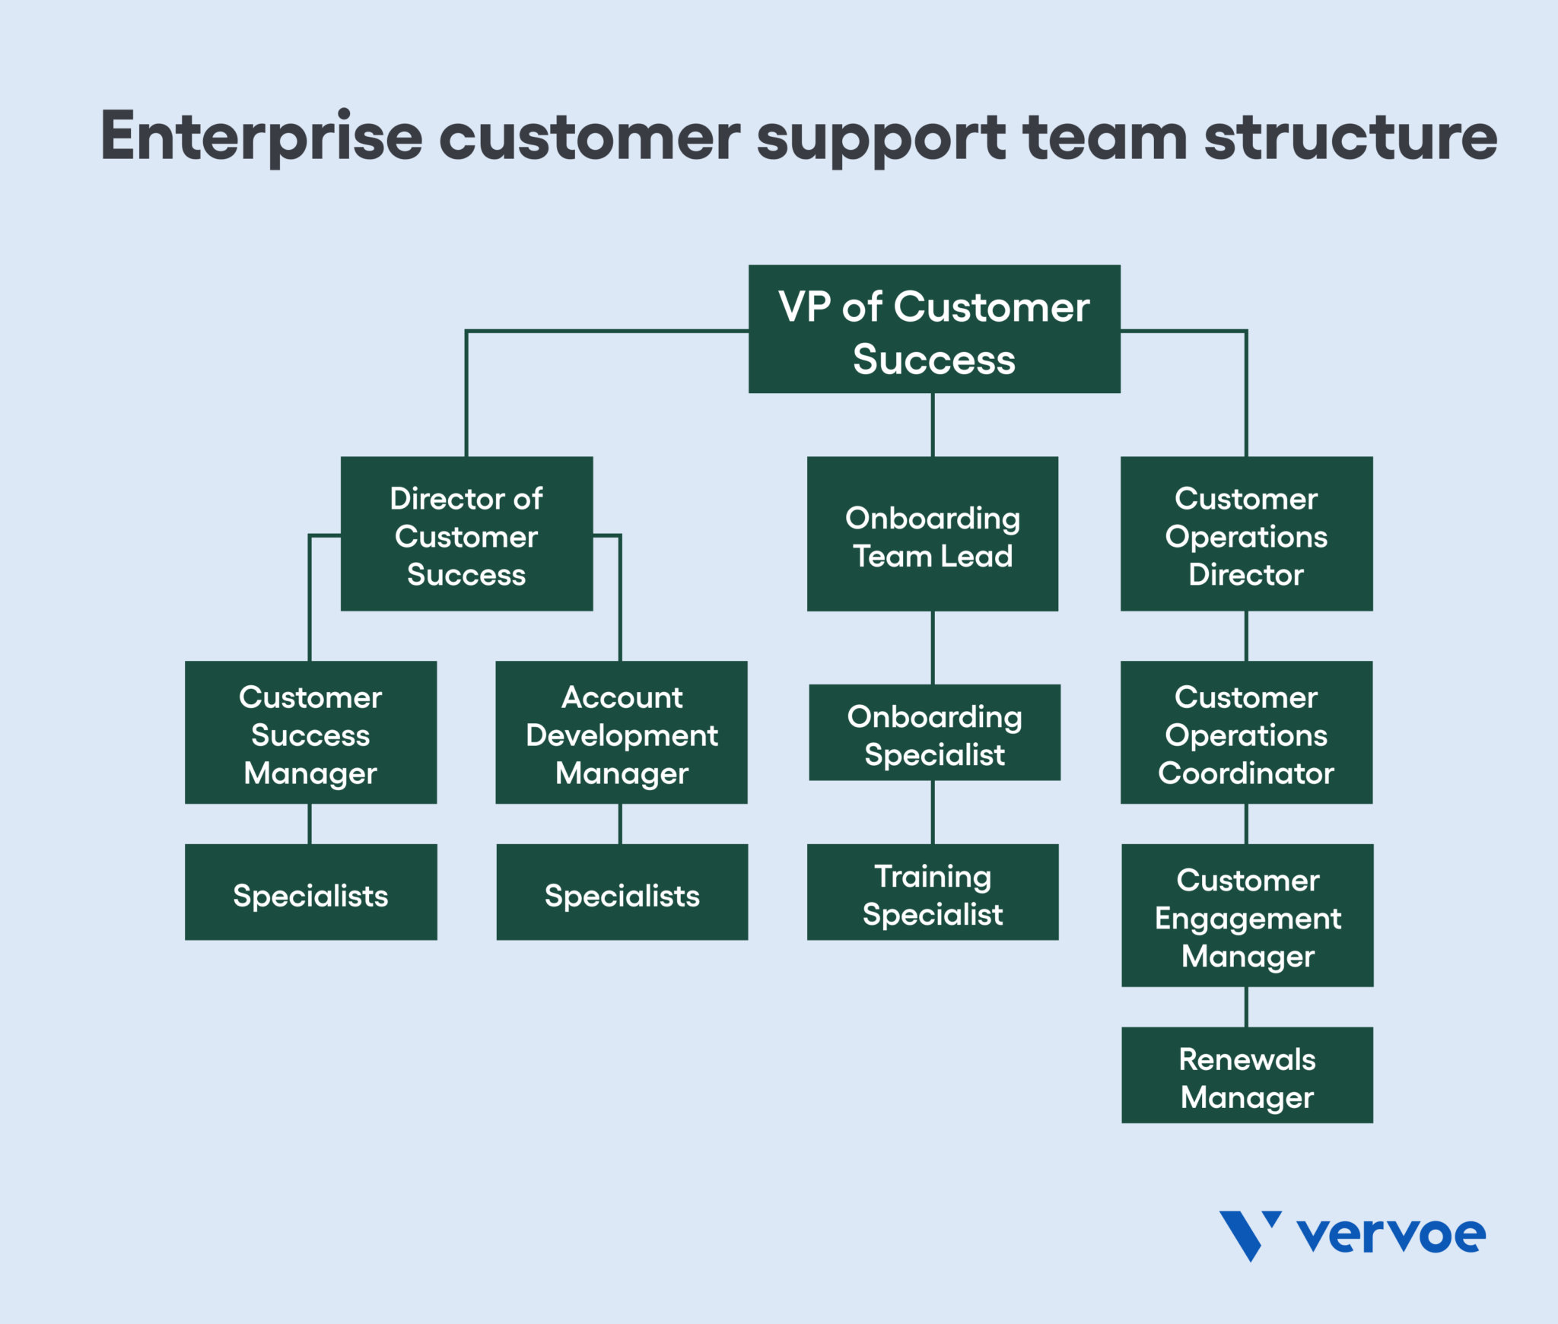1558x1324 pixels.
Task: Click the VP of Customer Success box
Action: click(x=934, y=329)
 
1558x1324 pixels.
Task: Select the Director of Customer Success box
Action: click(x=466, y=534)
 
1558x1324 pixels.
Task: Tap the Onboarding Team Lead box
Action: click(x=933, y=534)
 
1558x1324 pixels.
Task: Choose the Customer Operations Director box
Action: click(x=1246, y=534)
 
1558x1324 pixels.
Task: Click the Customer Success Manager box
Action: click(x=310, y=732)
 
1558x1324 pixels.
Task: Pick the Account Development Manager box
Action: click(x=622, y=732)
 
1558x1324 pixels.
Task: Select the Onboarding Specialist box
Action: click(x=934, y=732)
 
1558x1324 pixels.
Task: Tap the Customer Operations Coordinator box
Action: click(x=1246, y=732)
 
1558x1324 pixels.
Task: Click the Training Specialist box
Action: click(x=933, y=892)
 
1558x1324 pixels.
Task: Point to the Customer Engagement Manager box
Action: click(x=1248, y=916)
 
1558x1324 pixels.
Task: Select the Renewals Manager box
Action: click(x=1248, y=1075)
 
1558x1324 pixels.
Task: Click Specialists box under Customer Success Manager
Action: click(x=310, y=892)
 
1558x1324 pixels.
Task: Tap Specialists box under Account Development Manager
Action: click(x=622, y=892)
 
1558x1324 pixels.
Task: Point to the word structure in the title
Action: click(x=1350, y=137)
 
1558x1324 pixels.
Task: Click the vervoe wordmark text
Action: click(x=1391, y=1235)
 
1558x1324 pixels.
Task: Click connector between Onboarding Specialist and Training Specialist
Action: click(x=933, y=812)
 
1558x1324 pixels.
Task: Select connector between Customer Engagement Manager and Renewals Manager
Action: click(x=1246, y=1007)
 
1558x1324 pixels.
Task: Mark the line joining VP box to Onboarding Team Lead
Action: click(x=933, y=424)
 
